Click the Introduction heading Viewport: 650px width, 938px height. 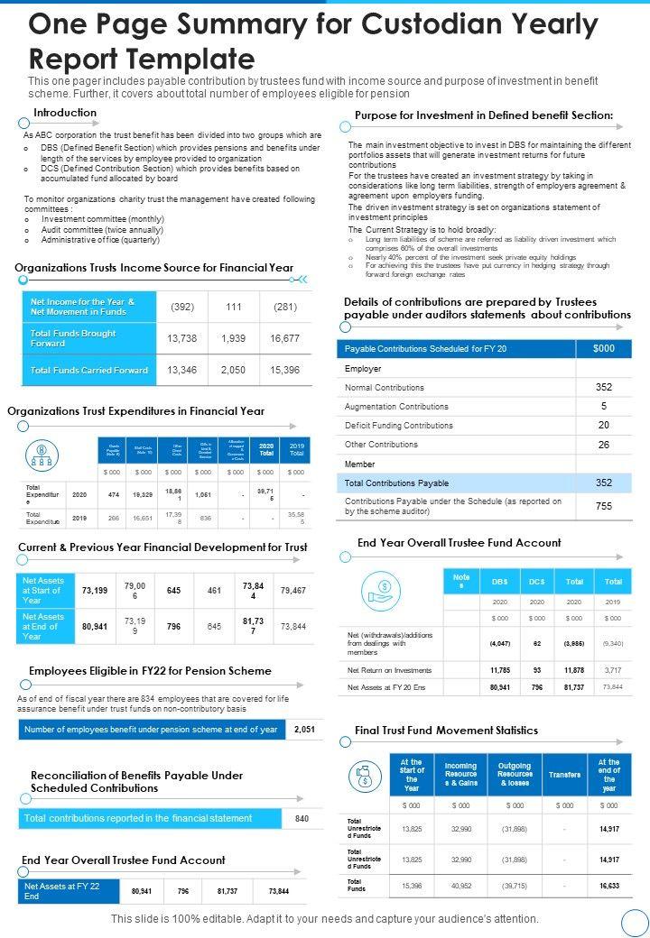[x=65, y=113]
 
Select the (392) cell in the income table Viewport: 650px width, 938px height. [x=182, y=307]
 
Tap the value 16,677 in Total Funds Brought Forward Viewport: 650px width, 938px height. [x=285, y=337]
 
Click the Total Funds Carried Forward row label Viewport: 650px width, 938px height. [x=89, y=370]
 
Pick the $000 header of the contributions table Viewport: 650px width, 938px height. [x=604, y=348]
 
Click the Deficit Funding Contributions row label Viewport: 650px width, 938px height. [x=399, y=425]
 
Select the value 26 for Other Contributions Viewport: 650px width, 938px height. [x=604, y=445]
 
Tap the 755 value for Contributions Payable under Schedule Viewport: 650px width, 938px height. [x=604, y=506]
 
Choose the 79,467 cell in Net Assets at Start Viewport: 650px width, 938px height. [x=293, y=591]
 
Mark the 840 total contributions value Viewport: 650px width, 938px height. [x=302, y=818]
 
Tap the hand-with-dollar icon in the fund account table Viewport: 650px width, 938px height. [x=380, y=590]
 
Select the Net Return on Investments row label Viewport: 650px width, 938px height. [x=389, y=670]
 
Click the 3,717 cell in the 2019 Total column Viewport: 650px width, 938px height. [x=613, y=670]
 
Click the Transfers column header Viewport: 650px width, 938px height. [x=564, y=774]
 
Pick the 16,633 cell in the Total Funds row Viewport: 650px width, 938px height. [x=609, y=886]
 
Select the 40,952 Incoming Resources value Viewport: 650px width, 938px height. [x=460, y=886]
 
